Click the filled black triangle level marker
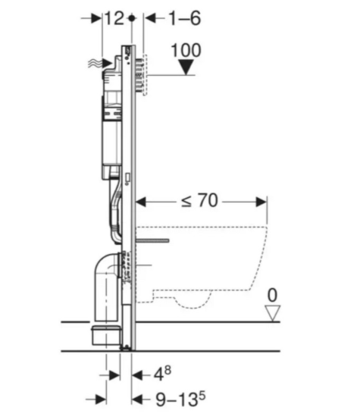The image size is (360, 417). [186, 67]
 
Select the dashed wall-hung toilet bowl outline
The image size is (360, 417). [205, 258]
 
